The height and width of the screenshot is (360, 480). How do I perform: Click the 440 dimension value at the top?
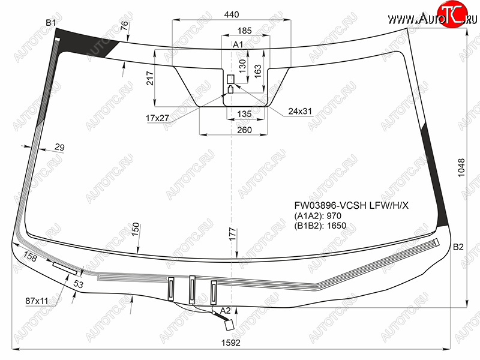(x=232, y=14)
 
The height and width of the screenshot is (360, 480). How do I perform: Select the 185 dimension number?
(x=245, y=31)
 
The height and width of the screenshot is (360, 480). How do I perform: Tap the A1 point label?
(x=238, y=44)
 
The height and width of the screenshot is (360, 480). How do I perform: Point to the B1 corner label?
(x=50, y=22)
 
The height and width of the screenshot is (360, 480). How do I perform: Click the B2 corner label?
(x=458, y=247)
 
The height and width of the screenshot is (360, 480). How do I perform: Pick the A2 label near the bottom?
(x=226, y=310)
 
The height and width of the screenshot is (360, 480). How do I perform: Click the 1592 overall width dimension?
(x=231, y=343)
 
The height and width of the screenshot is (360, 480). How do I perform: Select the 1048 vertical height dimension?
(x=461, y=167)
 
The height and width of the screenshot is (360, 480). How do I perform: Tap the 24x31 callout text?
(x=300, y=111)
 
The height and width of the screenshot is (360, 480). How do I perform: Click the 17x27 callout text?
(x=157, y=118)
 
